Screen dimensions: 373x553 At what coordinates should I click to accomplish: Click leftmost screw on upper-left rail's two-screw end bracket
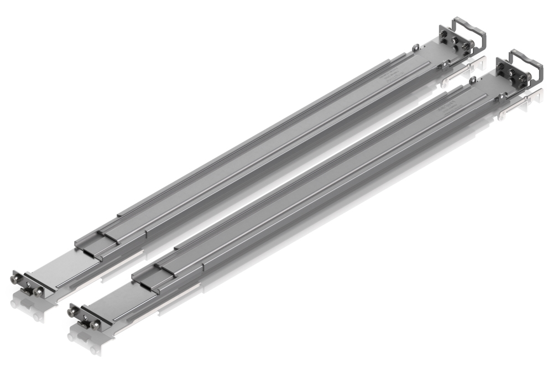tap(16, 281)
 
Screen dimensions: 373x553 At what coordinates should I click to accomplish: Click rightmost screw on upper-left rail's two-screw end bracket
tap(38, 291)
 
